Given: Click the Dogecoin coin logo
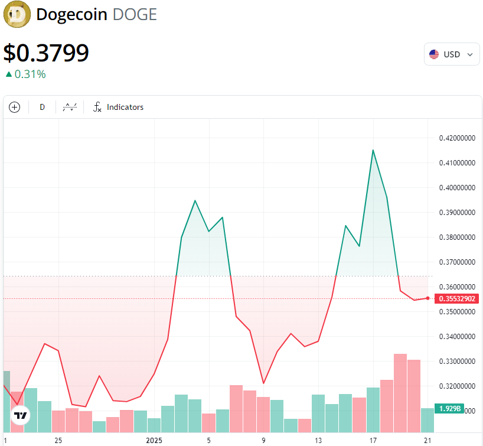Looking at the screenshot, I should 17,15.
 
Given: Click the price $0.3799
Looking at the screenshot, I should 46,53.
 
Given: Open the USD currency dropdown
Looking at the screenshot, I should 452,54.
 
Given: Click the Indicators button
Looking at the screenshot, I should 119,107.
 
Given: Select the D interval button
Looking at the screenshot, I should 42,107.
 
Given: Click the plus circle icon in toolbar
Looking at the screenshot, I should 15,107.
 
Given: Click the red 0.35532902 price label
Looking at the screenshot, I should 456,298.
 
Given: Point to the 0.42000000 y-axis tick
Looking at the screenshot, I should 456,138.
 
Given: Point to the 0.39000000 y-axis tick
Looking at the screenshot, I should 456,212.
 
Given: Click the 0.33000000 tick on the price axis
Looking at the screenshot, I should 456,360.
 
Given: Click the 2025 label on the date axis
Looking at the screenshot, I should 154,440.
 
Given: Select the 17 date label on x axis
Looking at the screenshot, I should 373,440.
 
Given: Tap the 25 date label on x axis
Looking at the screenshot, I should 58,440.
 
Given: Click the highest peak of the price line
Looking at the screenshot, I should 373,150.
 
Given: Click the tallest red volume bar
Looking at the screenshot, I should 400,393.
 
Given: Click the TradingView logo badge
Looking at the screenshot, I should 21,416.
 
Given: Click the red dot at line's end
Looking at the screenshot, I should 427,298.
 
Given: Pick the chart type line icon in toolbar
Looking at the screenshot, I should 70,107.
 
